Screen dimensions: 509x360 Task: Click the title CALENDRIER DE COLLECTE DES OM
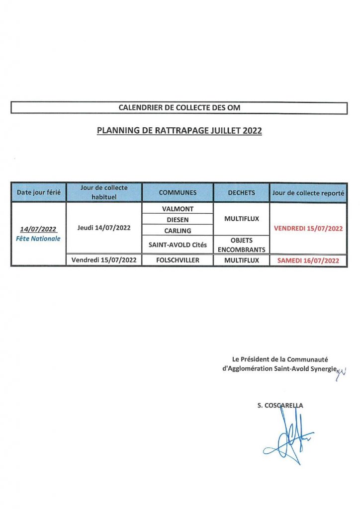coord(179,107)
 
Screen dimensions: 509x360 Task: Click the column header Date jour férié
coord(39,192)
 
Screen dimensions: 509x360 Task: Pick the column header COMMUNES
coord(178,192)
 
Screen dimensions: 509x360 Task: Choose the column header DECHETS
coord(241,192)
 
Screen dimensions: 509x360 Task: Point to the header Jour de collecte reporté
coord(308,192)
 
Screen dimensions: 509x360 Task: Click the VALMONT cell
coord(178,209)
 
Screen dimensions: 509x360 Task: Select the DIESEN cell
coord(178,220)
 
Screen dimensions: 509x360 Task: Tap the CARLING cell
coord(178,231)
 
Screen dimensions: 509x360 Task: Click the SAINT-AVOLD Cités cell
coord(178,245)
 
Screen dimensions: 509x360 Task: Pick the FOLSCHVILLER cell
coord(178,260)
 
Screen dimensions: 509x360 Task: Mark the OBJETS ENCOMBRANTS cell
coord(242,245)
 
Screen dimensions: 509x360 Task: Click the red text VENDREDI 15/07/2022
coord(308,229)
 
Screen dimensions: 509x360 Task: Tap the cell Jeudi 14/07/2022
coord(104,228)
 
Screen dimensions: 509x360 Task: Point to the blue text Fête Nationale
coord(38,239)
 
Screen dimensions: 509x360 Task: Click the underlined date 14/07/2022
coord(38,230)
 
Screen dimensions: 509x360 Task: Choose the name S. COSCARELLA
coord(280,406)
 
